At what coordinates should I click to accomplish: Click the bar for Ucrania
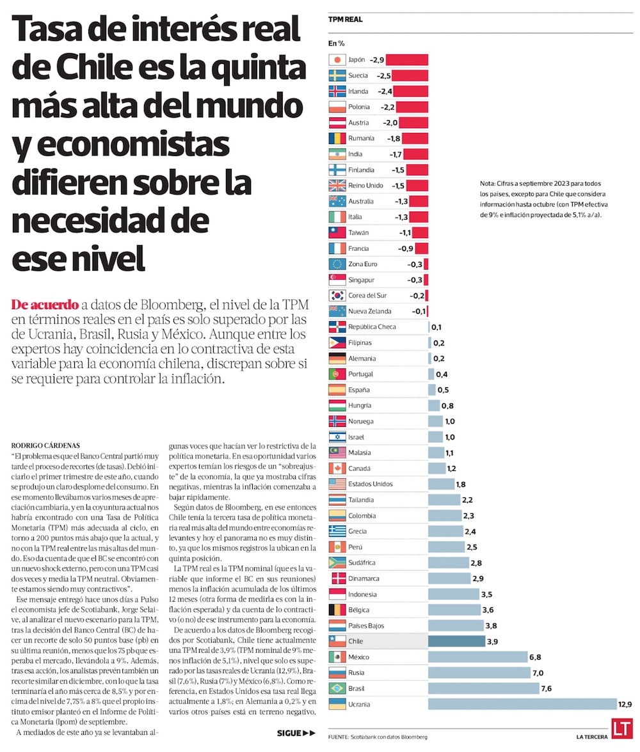click(522, 704)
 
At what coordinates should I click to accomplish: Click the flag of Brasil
click(337, 689)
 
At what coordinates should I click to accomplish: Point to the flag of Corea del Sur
click(337, 296)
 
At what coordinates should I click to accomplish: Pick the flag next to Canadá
click(337, 468)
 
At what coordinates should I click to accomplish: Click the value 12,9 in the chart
click(625, 704)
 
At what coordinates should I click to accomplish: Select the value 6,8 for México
click(538, 657)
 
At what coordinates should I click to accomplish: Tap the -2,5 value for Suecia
click(383, 76)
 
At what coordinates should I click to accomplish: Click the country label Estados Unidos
click(370, 484)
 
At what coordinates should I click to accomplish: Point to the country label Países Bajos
click(366, 625)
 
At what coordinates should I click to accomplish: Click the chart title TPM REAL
click(346, 19)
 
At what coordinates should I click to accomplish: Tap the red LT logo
click(621, 729)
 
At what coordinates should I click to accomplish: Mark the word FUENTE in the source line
click(338, 737)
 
